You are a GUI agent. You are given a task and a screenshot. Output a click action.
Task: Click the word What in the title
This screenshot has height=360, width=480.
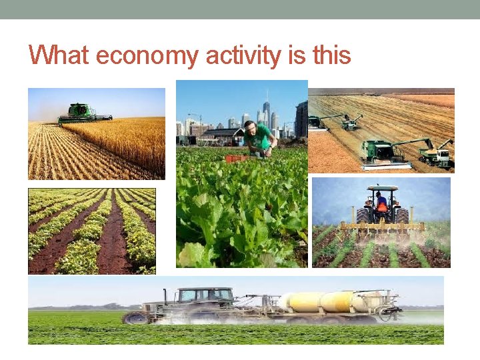tap(59, 55)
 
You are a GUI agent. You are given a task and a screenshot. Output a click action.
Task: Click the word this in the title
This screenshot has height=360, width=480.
tap(331, 55)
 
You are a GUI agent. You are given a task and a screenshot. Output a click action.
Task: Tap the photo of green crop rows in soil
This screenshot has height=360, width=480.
tap(92, 231)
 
